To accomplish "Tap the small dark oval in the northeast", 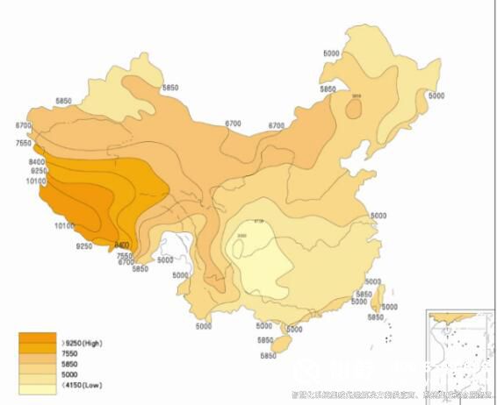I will click(355, 107).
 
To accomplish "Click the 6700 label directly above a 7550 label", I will click(23, 126).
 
